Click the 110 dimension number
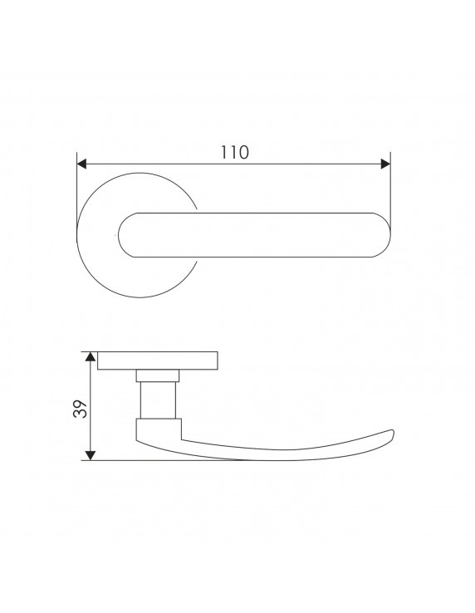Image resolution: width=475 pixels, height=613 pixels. click(x=234, y=153)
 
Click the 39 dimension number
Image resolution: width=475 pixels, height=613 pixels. click(x=80, y=409)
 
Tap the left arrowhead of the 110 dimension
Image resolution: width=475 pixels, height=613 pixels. click(x=81, y=164)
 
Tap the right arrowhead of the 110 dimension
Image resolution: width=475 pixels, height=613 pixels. click(x=385, y=164)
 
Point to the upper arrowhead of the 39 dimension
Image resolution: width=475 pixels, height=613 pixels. click(x=91, y=356)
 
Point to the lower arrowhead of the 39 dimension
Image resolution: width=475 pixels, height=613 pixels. click(x=91, y=455)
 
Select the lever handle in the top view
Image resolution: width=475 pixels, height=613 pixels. click(x=254, y=235)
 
